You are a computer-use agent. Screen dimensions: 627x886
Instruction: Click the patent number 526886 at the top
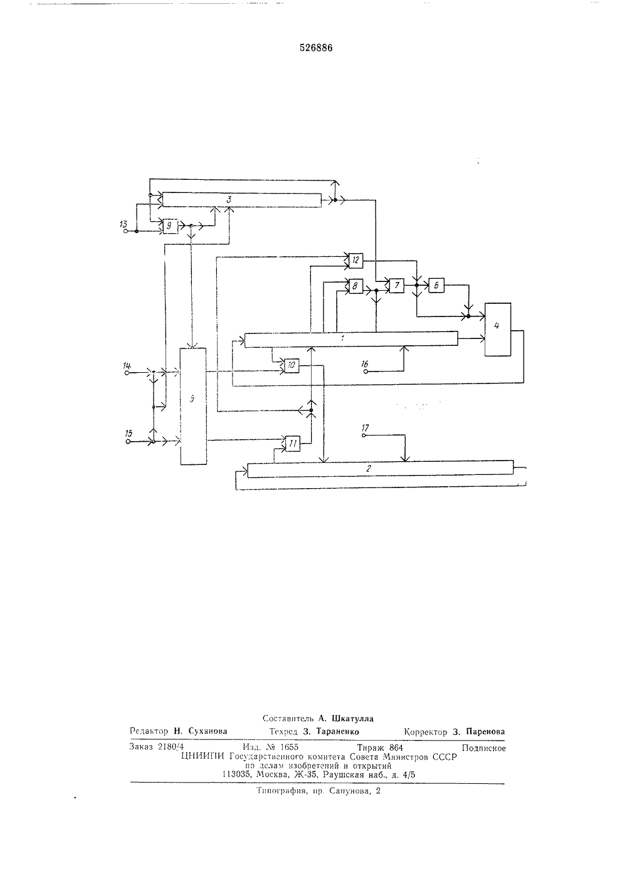316,48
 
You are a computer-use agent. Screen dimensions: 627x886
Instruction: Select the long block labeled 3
242,200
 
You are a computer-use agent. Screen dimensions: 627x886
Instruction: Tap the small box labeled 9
170,226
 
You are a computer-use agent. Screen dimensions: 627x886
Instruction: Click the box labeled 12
356,260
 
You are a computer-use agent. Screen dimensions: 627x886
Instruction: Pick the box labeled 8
356,286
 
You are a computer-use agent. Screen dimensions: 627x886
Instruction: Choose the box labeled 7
397,285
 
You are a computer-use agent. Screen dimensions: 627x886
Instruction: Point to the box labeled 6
436,285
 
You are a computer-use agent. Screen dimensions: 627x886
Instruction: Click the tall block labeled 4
498,330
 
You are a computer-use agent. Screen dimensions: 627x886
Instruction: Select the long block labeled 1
351,340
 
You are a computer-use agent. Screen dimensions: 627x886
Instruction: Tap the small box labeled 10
292,365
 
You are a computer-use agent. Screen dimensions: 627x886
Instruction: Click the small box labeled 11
293,444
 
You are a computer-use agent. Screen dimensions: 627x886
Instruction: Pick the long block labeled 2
381,469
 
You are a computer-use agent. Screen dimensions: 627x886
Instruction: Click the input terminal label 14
127,365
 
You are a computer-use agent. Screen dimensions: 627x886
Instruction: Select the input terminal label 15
129,434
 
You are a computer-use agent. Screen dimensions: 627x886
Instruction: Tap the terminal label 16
364,364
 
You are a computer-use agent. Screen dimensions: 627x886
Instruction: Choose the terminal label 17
365,427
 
